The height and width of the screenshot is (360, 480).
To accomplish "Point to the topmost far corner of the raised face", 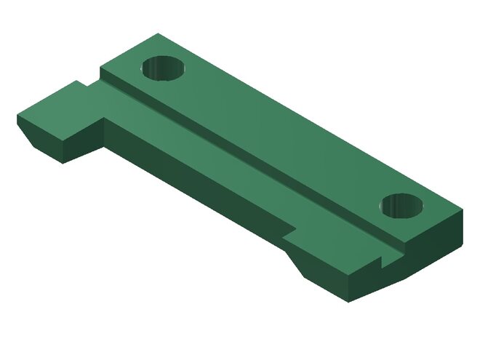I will pyautogui.click(x=156, y=33).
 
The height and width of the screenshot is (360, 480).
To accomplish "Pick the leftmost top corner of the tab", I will pyautogui.click(x=17, y=114).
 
